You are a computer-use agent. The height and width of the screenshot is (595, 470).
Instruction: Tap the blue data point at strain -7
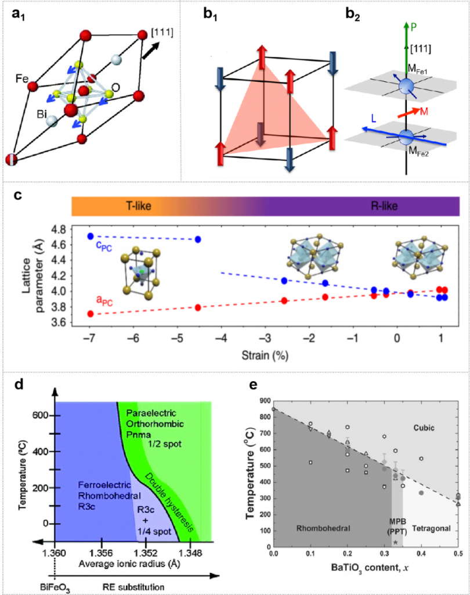pyautogui.click(x=90, y=236)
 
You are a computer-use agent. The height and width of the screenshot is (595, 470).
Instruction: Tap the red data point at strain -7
pyautogui.click(x=90, y=314)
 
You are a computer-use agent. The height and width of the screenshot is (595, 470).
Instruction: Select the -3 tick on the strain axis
pyautogui.click(x=266, y=338)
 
